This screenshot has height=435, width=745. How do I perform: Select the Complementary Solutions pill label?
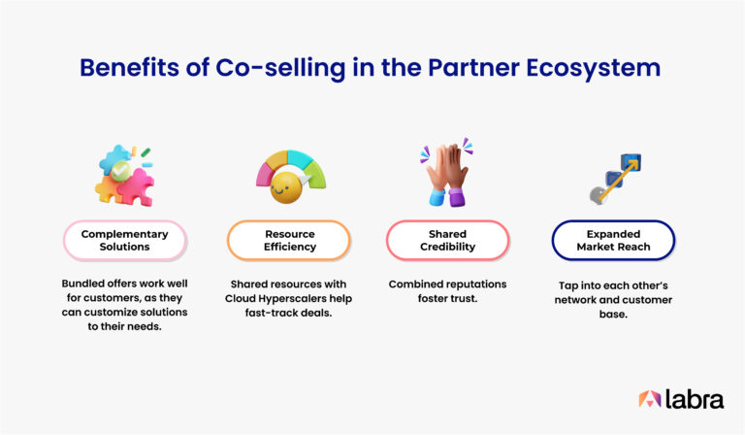click(124, 240)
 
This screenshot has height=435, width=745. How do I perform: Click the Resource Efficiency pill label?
click(289, 240)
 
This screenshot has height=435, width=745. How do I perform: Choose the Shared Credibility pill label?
click(447, 240)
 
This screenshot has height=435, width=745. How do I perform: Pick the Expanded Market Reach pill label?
click(612, 240)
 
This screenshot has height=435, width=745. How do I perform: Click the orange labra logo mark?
click(649, 398)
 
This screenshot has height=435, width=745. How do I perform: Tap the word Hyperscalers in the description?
click(308, 300)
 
